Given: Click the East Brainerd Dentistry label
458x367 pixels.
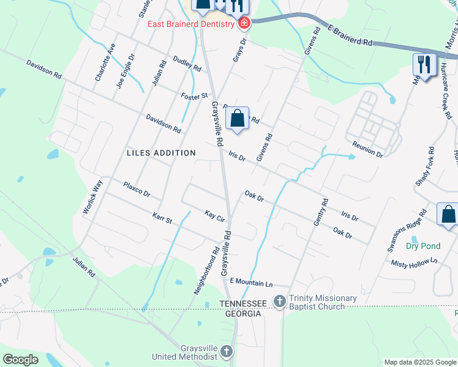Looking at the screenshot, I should pyautogui.click(x=191, y=24).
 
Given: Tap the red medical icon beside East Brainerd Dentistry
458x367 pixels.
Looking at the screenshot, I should pyautogui.click(x=244, y=24).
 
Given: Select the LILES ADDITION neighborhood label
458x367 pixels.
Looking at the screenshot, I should pyautogui.click(x=161, y=153).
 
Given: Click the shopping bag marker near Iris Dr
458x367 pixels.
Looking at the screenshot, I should pyautogui.click(x=238, y=117).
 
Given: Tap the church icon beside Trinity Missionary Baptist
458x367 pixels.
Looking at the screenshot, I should pyautogui.click(x=280, y=301).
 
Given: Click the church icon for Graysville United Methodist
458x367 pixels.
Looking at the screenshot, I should pyautogui.click(x=227, y=351).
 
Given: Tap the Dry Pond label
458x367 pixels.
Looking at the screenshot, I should pyautogui.click(x=423, y=246).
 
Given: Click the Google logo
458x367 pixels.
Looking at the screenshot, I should pyautogui.click(x=21, y=359).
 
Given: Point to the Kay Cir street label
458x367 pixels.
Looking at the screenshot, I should pyautogui.click(x=215, y=215).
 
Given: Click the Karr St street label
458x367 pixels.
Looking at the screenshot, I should pyautogui.click(x=162, y=217).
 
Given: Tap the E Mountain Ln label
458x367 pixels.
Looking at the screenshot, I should pyautogui.click(x=250, y=282).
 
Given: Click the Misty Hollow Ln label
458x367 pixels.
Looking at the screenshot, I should pyautogui.click(x=416, y=262).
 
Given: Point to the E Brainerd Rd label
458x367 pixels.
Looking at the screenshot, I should pyautogui.click(x=350, y=35).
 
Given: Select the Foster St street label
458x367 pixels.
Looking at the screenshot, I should pyautogui.click(x=195, y=96).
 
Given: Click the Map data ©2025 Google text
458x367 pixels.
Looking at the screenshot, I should pyautogui.click(x=419, y=362).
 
